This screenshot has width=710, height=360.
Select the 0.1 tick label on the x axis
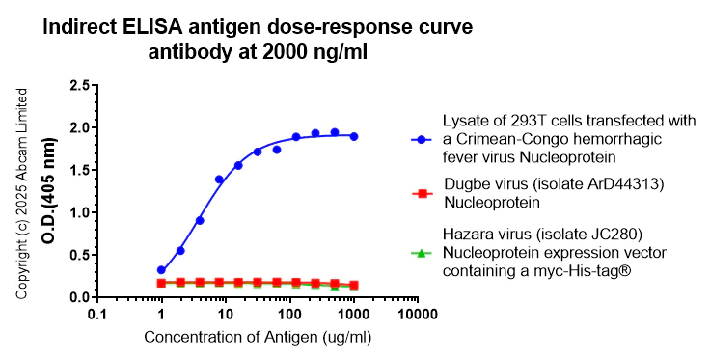coord(96,315)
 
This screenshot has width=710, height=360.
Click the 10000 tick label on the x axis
coord(418,315)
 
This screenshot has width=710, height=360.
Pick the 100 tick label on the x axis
coord(289,315)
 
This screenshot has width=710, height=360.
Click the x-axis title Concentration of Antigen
coord(257,338)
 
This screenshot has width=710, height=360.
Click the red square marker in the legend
coord(422,194)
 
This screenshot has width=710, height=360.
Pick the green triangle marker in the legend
coord(422,253)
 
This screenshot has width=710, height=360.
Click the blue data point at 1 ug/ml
coord(161,270)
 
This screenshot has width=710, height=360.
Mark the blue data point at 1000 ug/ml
coord(354,136)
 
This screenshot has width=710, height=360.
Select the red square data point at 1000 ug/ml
coord(354,285)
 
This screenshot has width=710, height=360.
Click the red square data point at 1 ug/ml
coord(161,283)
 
